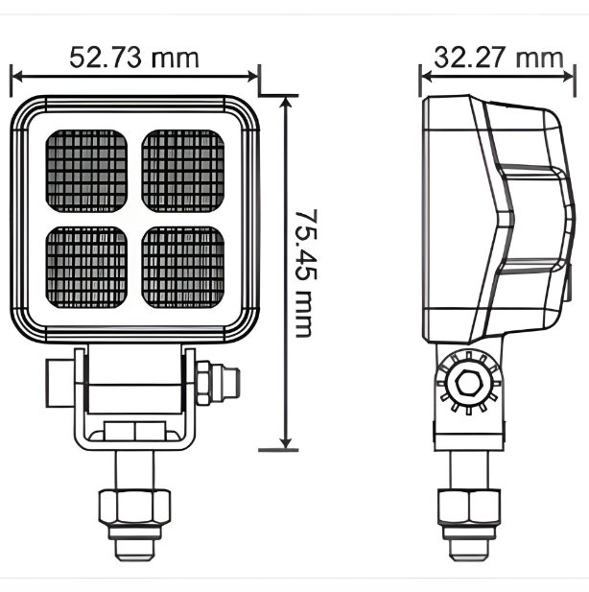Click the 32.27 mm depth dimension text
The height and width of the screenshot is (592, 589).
pos(498,57)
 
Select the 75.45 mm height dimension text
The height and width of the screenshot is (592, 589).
pos(304,272)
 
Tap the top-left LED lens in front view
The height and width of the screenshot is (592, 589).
pos(87,170)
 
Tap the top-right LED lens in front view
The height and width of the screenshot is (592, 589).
pos(183,170)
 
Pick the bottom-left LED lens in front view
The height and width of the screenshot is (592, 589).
pos(87,266)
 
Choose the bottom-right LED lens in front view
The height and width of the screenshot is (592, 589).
pos(183,266)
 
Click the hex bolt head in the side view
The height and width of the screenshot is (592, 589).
pos(469,385)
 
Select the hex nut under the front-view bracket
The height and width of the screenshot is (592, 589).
pos(133,504)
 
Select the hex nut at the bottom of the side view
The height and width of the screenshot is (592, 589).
pos(469,504)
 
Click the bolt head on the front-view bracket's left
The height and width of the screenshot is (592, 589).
pos(57,380)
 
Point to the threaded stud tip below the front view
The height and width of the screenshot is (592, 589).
pos(133,547)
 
